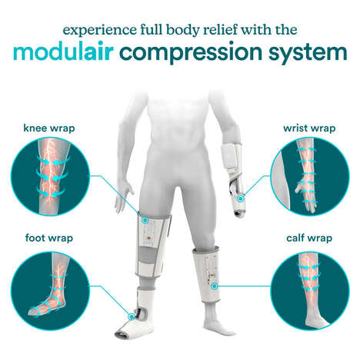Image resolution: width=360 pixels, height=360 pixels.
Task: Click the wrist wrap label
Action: (309, 128)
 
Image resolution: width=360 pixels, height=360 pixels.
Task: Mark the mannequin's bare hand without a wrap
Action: (119, 202)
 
